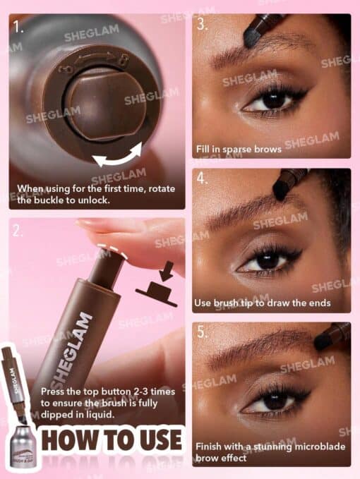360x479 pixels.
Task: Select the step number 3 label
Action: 203,25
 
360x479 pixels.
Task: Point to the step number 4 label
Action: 203,178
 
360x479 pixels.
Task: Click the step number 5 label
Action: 203,331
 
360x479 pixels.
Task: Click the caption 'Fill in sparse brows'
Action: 239,149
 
